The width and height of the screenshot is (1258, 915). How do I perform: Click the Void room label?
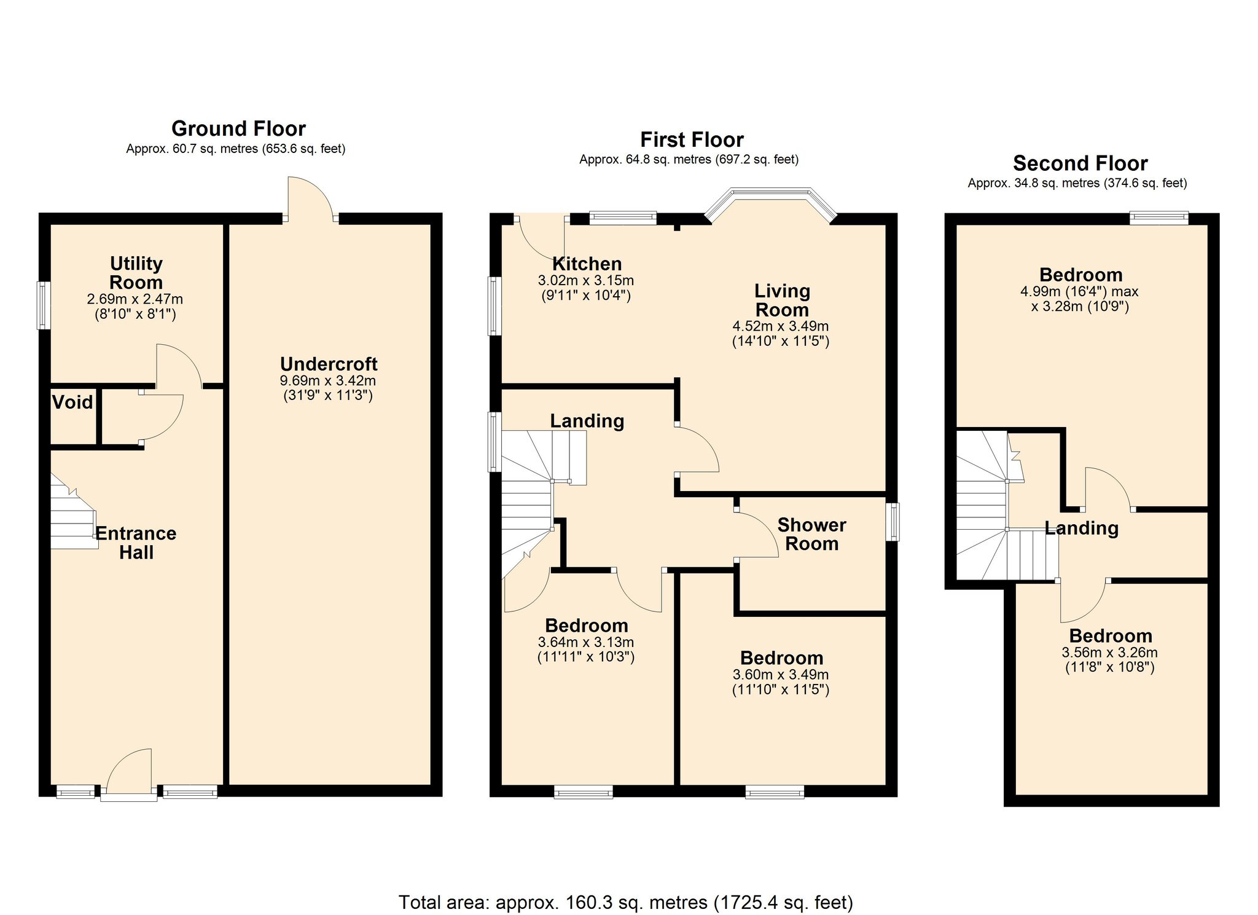(x=72, y=403)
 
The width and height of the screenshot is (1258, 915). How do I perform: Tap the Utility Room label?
(x=136, y=273)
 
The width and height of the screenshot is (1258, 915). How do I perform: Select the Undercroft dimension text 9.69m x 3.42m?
(x=327, y=381)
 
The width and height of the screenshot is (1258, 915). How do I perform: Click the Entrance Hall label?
(x=136, y=543)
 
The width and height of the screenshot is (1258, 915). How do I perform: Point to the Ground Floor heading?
(x=238, y=128)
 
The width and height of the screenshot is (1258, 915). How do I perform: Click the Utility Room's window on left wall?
(x=43, y=305)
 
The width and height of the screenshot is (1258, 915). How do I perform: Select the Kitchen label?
(x=587, y=264)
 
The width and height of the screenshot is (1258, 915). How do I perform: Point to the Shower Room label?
(x=811, y=534)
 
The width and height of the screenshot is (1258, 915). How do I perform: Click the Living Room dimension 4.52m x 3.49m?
(x=780, y=326)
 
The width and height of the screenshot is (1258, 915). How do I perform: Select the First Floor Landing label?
(x=587, y=421)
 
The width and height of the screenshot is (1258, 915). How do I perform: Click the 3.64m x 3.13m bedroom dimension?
(x=586, y=642)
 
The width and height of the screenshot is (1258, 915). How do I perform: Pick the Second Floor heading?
(x=1080, y=163)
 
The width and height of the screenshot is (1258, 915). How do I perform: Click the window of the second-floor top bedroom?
(x=1158, y=218)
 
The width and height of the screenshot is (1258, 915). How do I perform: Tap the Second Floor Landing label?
(x=1081, y=528)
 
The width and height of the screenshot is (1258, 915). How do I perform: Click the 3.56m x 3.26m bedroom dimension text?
(x=1109, y=653)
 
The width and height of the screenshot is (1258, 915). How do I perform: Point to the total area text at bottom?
(x=625, y=902)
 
